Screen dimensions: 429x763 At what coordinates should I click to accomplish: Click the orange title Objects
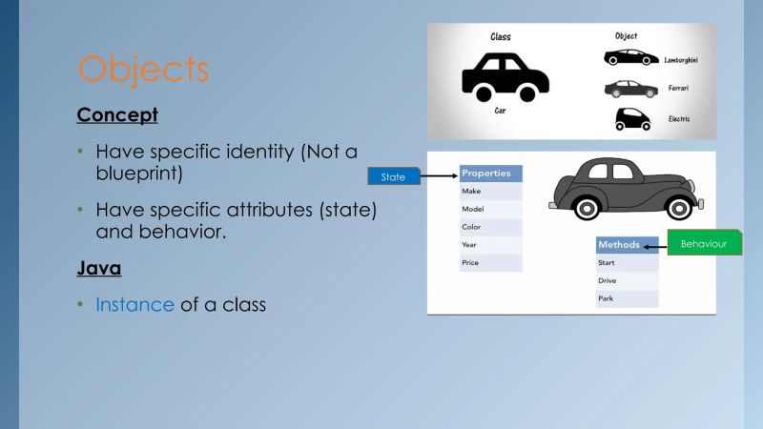tap(142, 70)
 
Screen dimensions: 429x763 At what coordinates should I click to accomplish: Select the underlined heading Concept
tap(117, 115)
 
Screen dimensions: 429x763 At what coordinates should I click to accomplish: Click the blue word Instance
tap(134, 306)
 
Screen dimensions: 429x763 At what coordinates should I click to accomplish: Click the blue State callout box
tap(393, 176)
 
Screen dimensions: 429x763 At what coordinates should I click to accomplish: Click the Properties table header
tap(491, 174)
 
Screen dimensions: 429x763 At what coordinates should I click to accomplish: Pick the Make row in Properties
tap(491, 192)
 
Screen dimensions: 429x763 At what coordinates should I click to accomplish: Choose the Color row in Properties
tap(491, 227)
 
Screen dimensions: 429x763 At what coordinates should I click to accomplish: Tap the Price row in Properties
tap(491, 262)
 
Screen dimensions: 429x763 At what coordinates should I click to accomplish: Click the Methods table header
tap(627, 245)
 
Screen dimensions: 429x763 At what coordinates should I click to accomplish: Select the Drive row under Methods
tap(627, 280)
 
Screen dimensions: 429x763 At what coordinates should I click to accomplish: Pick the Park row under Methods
tap(627, 298)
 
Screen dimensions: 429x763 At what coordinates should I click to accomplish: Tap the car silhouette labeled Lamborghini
tap(630, 58)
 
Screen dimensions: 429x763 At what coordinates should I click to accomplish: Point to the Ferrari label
tap(680, 88)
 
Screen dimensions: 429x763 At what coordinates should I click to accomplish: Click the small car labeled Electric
tap(631, 118)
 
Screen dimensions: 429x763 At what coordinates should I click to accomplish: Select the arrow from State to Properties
tap(437, 176)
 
